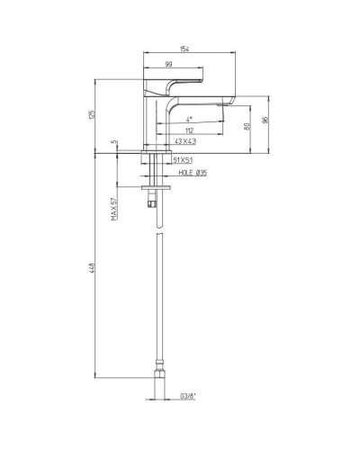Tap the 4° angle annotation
189,118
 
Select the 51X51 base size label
184,159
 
